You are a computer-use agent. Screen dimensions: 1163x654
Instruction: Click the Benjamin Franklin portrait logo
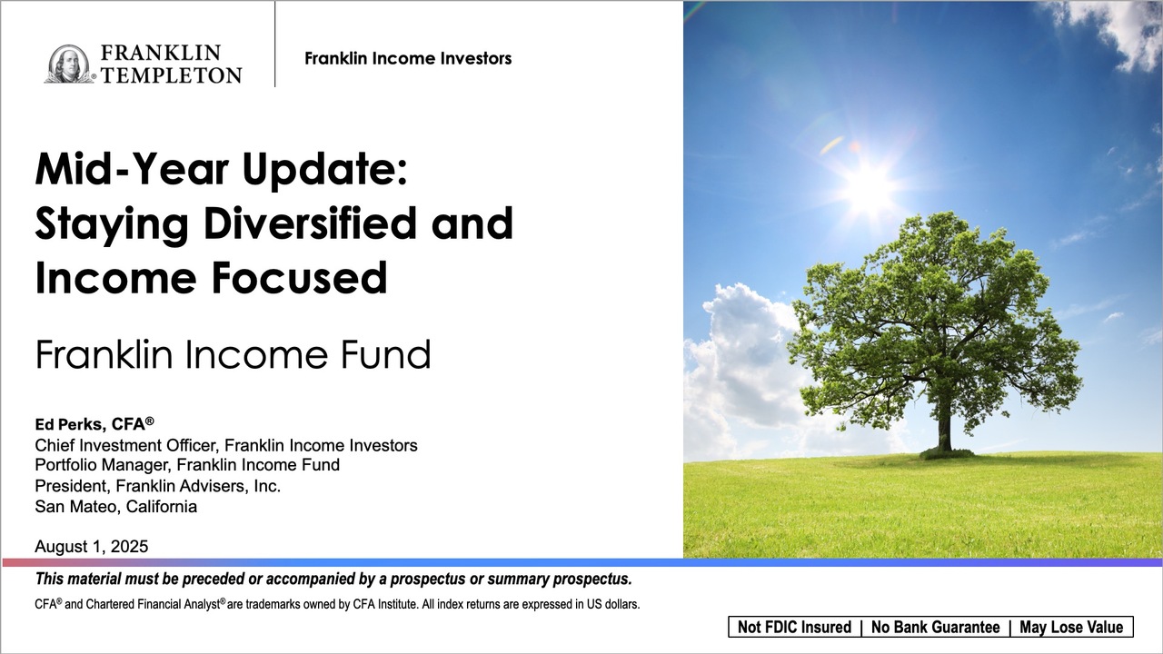point(69,64)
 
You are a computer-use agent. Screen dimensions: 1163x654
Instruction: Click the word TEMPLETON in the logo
point(172,75)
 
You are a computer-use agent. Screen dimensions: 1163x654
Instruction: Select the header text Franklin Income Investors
point(408,59)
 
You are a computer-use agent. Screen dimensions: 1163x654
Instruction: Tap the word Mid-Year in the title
point(132,169)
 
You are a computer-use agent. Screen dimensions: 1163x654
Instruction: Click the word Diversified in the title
point(311,223)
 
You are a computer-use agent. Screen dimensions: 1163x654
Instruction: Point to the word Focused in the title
point(300,277)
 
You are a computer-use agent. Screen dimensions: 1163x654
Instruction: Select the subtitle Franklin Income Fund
point(234,354)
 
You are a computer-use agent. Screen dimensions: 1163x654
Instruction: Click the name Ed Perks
point(70,424)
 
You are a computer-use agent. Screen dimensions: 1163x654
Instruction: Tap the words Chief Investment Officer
point(125,445)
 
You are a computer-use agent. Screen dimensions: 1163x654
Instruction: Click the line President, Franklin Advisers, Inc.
point(158,486)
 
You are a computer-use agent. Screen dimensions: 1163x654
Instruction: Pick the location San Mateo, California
point(115,507)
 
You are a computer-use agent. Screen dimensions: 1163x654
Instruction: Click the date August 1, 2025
point(92,546)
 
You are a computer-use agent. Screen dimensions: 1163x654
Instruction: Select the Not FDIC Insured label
point(794,627)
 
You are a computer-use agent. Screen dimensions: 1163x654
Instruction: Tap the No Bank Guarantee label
point(936,627)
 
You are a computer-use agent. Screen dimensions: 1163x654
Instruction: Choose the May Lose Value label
point(1071,627)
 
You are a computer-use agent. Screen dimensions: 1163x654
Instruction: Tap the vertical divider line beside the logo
point(274,45)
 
